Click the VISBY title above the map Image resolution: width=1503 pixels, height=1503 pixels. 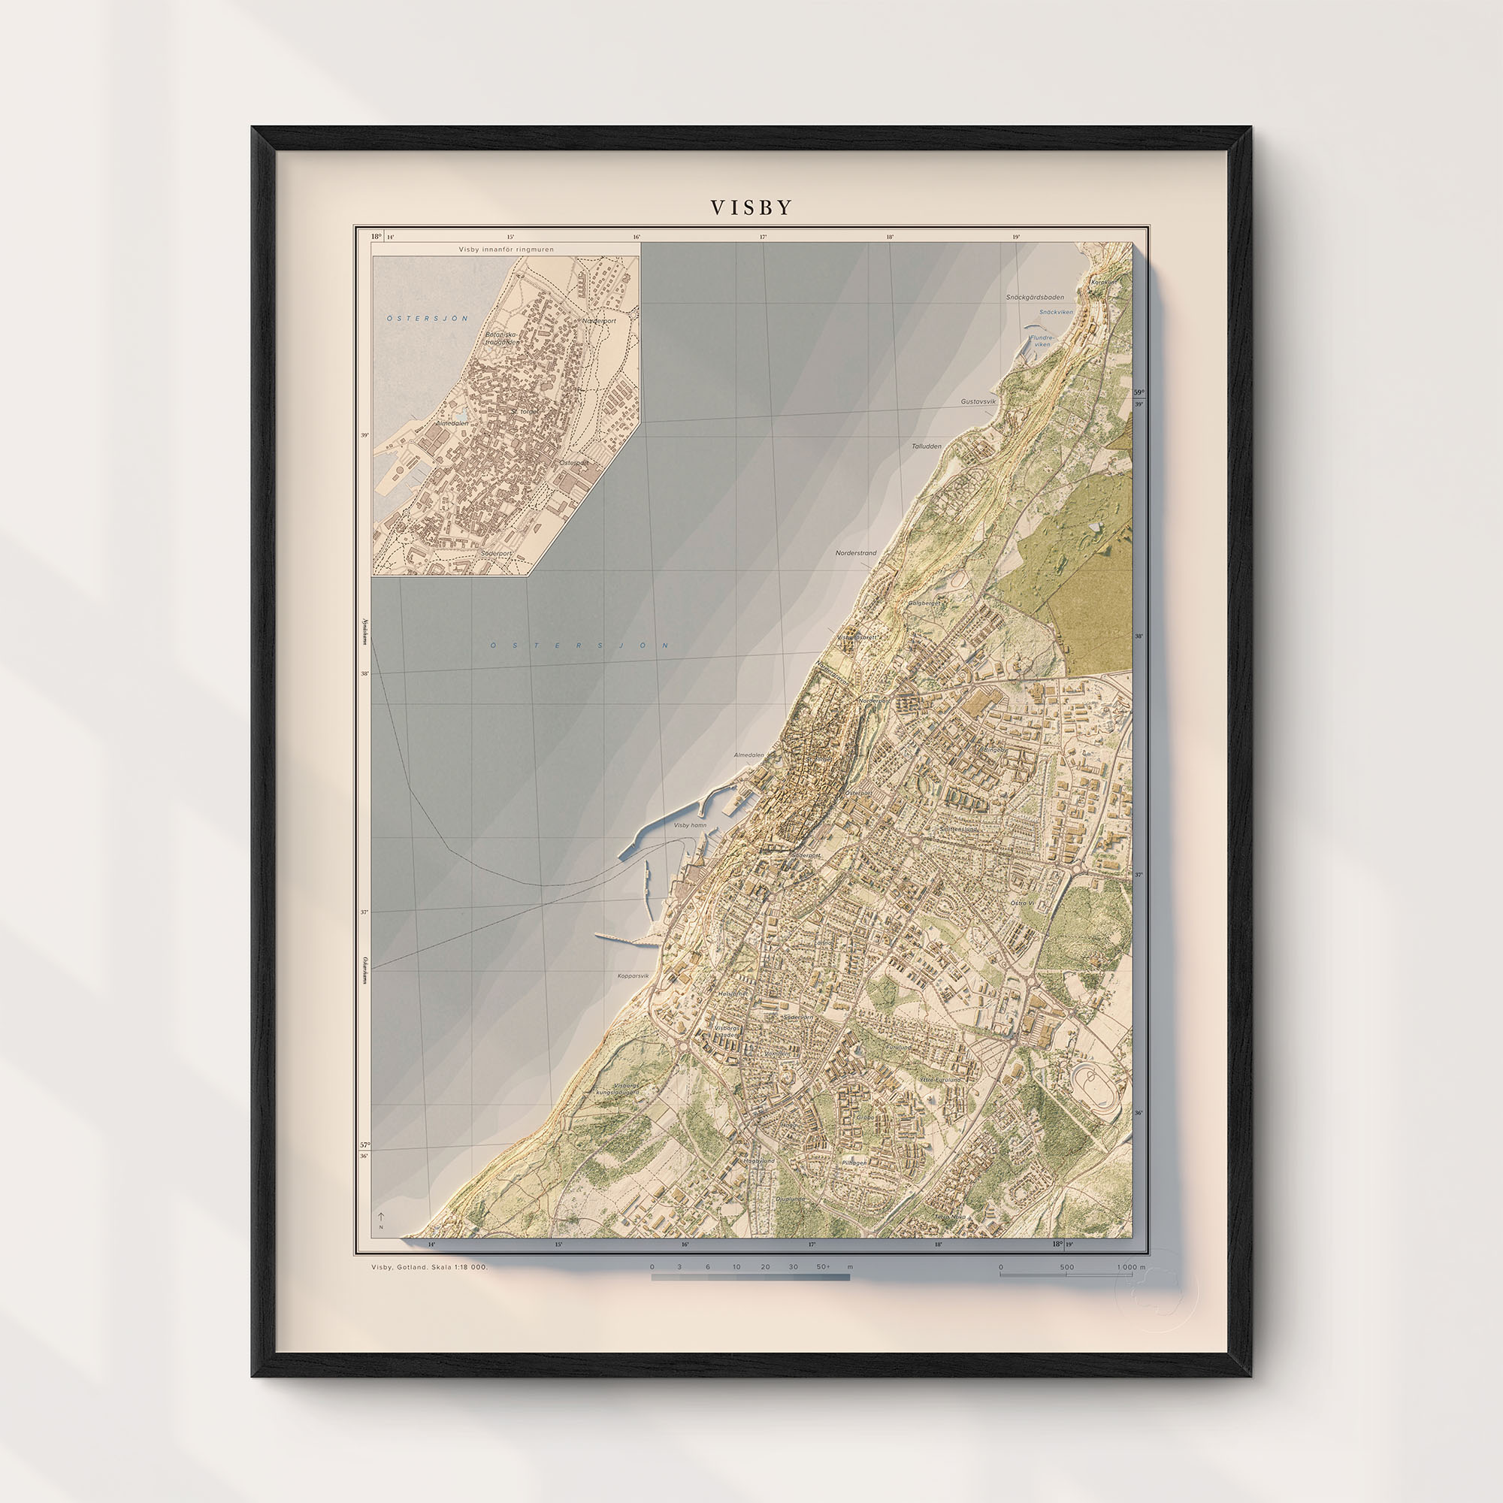[751, 207]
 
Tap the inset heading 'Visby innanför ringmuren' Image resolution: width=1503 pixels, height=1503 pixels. [506, 249]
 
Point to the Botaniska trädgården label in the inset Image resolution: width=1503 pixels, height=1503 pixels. [502, 337]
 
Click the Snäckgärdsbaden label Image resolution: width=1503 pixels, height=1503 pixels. [1034, 297]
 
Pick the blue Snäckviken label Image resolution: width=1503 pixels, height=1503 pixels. [1056, 312]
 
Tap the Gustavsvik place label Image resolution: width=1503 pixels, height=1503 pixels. [978, 401]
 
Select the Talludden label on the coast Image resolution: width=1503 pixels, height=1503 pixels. [927, 446]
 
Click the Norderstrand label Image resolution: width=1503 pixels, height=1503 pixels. [856, 553]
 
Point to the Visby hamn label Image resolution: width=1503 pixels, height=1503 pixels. [690, 824]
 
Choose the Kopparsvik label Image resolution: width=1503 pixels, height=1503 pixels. [633, 975]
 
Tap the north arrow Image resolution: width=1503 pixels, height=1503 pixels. [381, 1218]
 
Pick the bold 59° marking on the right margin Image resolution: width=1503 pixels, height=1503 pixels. [1139, 393]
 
